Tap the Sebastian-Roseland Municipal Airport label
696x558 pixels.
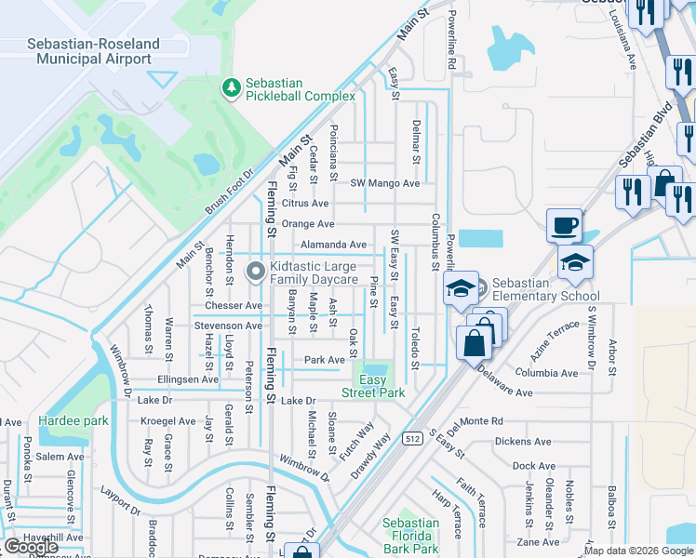[93, 51]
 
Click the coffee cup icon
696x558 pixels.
[564, 225]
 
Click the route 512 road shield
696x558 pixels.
[409, 437]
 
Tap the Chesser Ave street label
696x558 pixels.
[228, 305]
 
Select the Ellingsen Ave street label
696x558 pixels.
[187, 379]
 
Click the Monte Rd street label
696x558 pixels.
[481, 421]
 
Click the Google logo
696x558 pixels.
[31, 547]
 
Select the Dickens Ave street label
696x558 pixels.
[524, 442]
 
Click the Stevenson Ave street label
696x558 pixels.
[228, 325]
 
